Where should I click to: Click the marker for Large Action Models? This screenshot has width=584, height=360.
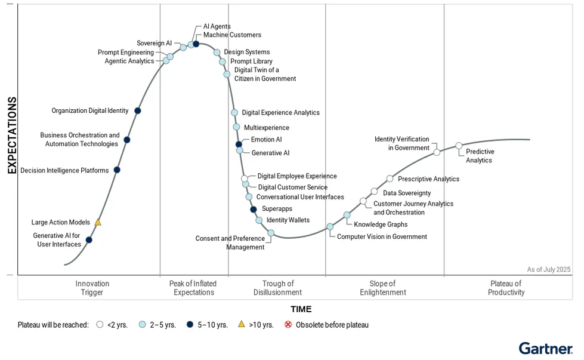click(98, 222)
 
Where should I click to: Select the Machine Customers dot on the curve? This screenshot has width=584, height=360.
click(196, 44)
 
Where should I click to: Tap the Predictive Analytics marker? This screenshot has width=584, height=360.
click(459, 146)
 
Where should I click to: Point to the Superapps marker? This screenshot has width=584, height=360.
click(254, 209)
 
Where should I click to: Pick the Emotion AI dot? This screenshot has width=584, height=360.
click(239, 144)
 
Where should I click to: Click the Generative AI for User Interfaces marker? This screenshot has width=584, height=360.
click(89, 240)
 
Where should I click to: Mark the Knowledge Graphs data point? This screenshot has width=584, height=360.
click(347, 215)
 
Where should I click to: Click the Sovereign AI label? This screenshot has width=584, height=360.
click(154, 44)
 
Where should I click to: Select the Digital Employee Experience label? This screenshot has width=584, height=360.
click(297, 176)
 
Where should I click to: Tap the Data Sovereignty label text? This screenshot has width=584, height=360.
click(407, 193)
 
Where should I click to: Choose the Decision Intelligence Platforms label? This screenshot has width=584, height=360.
click(64, 170)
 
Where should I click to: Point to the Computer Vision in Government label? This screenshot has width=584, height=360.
click(382, 236)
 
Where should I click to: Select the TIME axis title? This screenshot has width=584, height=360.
click(301, 309)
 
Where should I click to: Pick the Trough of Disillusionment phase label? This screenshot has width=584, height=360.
click(278, 288)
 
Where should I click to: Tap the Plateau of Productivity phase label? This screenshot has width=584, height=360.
click(506, 288)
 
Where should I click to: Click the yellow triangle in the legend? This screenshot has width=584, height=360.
click(242, 324)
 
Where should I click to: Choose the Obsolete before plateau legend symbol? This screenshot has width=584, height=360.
click(288, 325)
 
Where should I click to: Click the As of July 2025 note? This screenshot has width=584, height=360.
click(549, 269)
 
